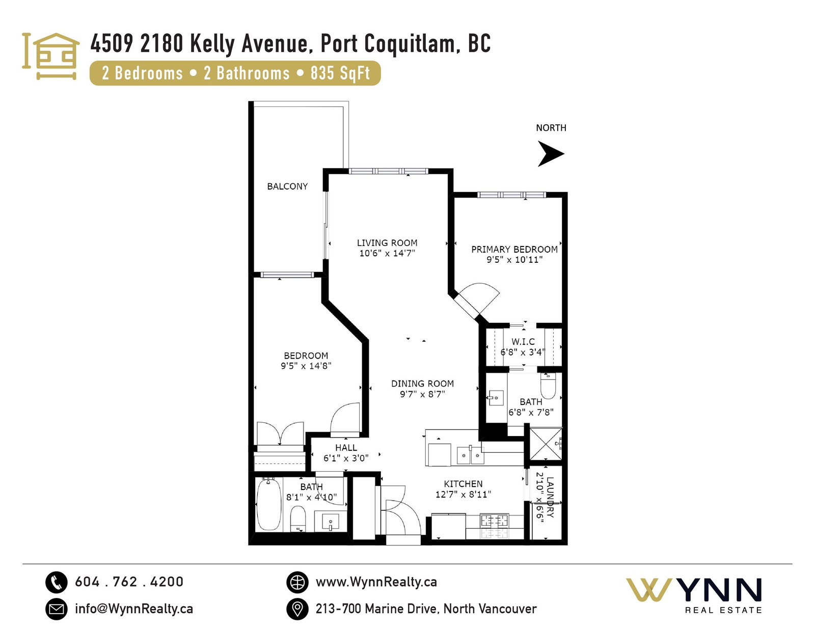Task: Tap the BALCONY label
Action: pos(287,186)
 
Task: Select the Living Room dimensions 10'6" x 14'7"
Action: pos(387,254)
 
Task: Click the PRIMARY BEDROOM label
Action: pos(514,249)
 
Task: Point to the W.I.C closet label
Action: pos(523,341)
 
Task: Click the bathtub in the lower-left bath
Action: pos(268,505)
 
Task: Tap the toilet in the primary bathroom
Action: pos(548,386)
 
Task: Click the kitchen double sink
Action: pos(470,455)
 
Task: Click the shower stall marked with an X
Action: pos(546,444)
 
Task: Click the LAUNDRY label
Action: pos(550,497)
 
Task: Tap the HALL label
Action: pos(346,448)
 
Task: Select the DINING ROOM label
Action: pos(422,384)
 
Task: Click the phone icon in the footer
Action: pos(56,582)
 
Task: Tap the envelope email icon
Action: pos(56,609)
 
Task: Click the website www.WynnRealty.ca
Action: pos(376,582)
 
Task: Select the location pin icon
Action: pos(297,609)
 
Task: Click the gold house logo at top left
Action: pos(50,56)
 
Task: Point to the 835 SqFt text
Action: pos(340,73)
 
